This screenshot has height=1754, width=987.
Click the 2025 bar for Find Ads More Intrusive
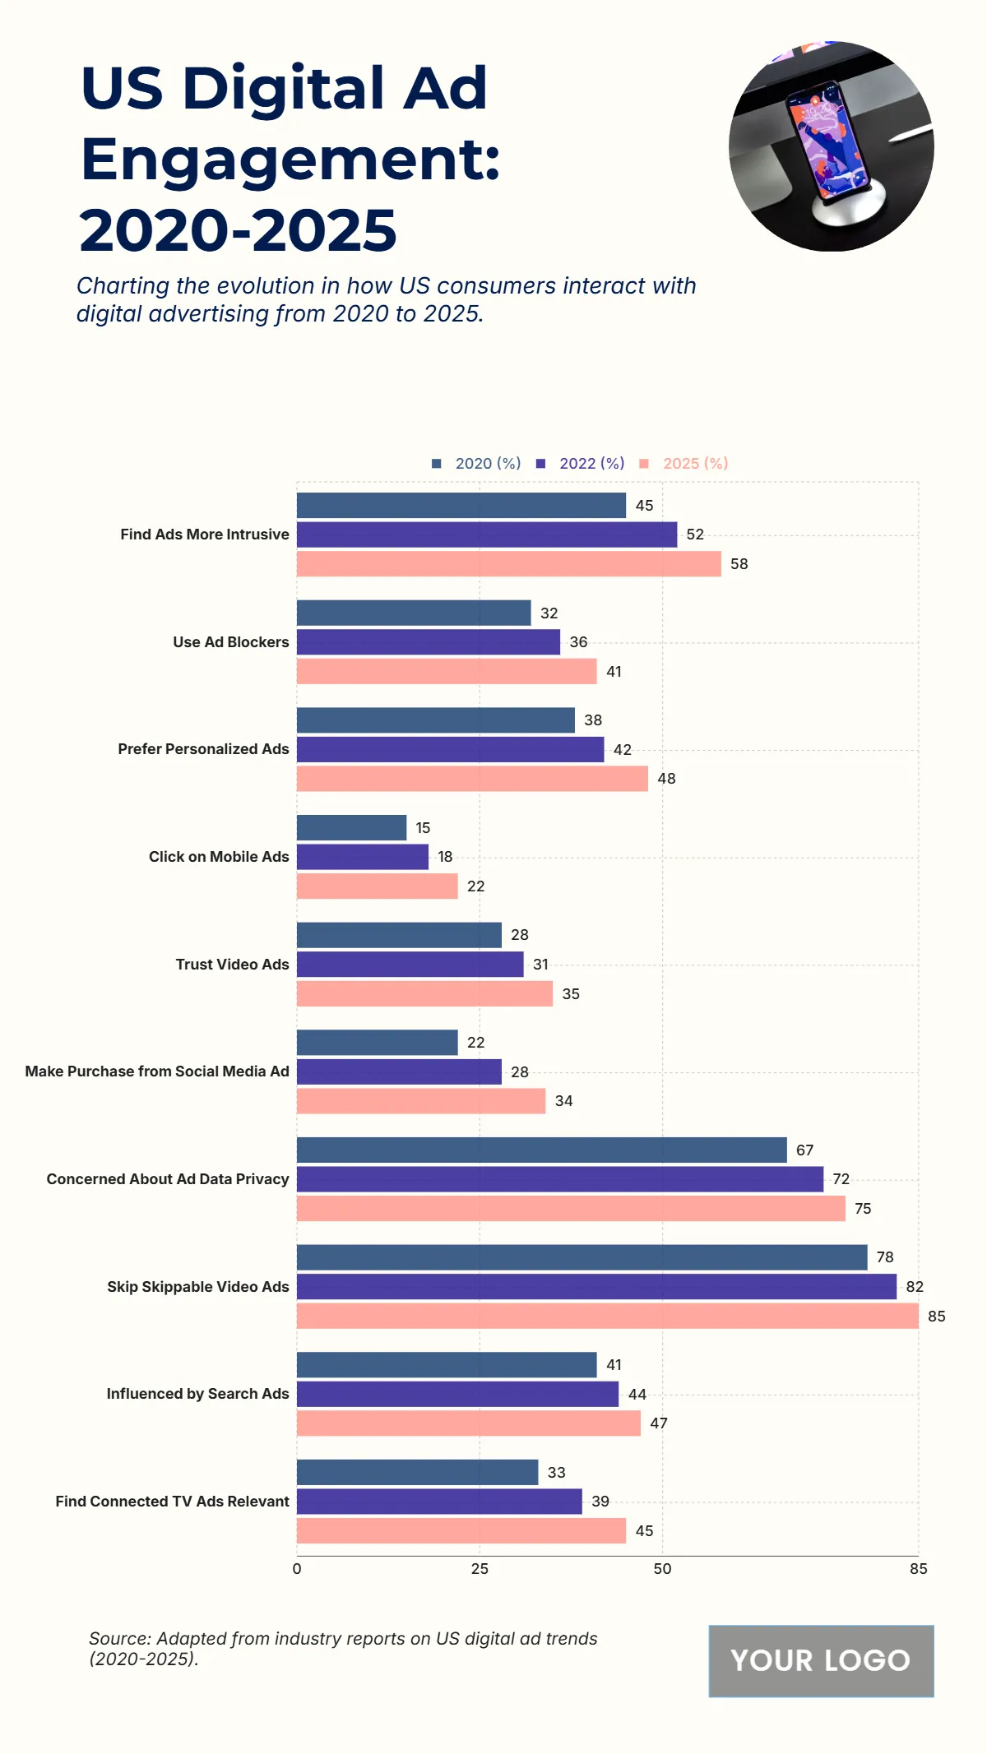coord(508,564)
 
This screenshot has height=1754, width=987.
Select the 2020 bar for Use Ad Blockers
coord(414,613)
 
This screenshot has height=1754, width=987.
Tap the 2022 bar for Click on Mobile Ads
coord(362,857)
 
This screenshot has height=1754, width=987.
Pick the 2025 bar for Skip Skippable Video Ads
coord(607,1316)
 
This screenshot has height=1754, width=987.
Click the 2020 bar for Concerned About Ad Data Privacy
coord(541,1150)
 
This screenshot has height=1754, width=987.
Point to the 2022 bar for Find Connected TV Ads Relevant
coord(439,1502)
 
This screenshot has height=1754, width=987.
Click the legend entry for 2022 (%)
coord(581,464)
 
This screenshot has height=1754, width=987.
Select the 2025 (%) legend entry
coord(684,464)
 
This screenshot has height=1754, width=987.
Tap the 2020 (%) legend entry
coord(477,464)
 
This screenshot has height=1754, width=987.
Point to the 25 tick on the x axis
coord(480,1569)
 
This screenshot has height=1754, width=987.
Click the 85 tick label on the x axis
coord(918,1569)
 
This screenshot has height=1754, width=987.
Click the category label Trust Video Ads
coord(232,965)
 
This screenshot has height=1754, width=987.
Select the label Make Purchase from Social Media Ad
coord(157,1071)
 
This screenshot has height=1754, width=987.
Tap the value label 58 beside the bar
coord(739,564)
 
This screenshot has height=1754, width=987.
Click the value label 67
coord(804,1150)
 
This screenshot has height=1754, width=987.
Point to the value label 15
coord(423,828)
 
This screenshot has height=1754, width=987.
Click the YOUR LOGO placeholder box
coord(821,1660)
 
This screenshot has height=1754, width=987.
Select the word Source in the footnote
coord(119,1639)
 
